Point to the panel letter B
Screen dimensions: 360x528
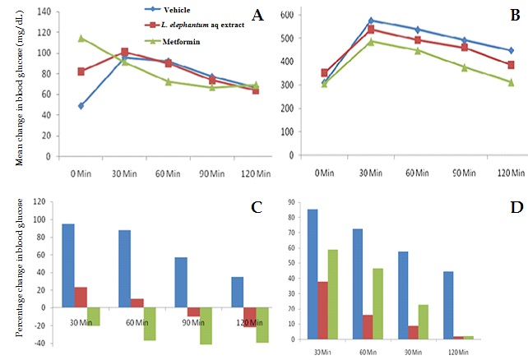point(514,15)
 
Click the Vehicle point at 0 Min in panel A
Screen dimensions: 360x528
point(81,106)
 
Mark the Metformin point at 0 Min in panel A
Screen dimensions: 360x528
point(81,38)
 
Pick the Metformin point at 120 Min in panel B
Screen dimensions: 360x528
point(511,82)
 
